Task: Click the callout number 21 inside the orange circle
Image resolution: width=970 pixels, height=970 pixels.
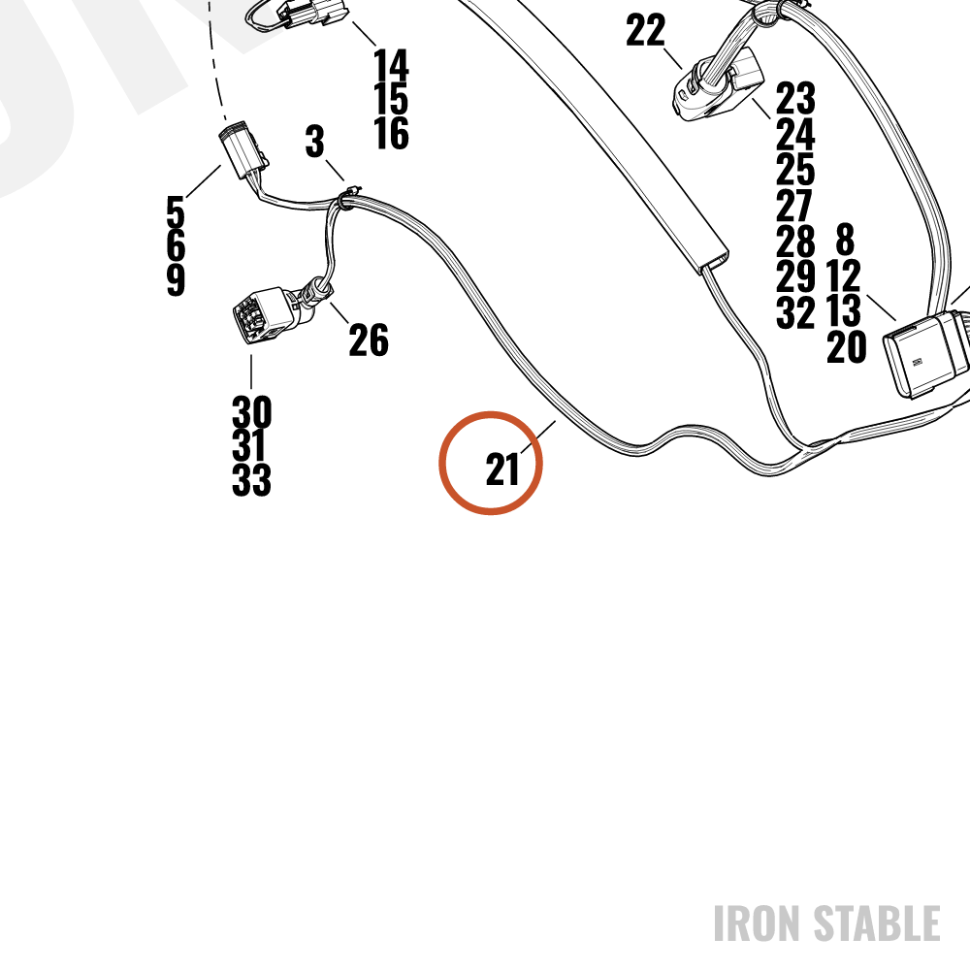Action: click(502, 469)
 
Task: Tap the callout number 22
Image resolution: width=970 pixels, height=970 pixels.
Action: click(645, 30)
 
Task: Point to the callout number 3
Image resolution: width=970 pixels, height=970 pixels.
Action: click(315, 141)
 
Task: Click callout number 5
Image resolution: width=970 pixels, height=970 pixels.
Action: click(176, 211)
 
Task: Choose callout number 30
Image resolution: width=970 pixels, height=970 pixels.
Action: click(252, 412)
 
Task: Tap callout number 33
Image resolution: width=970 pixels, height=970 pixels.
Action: click(252, 479)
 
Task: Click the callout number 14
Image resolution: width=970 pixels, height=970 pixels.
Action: click(391, 65)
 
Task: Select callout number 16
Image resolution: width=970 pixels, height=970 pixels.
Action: click(391, 133)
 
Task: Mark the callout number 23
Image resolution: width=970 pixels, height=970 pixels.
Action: click(795, 98)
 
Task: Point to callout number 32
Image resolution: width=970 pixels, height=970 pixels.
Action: click(795, 311)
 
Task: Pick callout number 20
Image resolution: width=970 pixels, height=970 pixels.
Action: click(846, 346)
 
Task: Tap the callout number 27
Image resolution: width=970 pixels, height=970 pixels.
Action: click(794, 205)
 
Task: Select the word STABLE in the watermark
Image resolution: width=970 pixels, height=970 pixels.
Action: click(877, 923)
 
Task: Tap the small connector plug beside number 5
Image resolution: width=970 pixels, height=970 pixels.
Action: click(243, 149)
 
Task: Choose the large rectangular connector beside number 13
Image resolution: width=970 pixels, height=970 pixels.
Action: click(925, 354)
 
